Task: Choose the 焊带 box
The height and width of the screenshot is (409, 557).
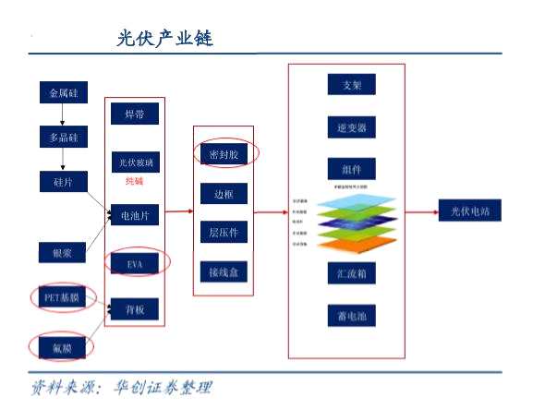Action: (135, 114)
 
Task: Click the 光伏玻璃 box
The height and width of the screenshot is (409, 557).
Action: (135, 162)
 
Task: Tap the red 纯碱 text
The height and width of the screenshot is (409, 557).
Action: (135, 182)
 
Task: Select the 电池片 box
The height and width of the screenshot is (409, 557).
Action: (135, 216)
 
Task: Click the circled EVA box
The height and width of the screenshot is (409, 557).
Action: (135, 263)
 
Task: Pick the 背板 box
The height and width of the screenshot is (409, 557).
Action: (135, 308)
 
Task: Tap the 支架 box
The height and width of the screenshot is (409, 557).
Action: (351, 86)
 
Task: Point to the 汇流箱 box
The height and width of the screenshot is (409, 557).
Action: (351, 274)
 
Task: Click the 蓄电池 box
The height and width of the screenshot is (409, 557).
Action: (351, 316)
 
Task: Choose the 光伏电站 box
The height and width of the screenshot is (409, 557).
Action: (469, 211)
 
